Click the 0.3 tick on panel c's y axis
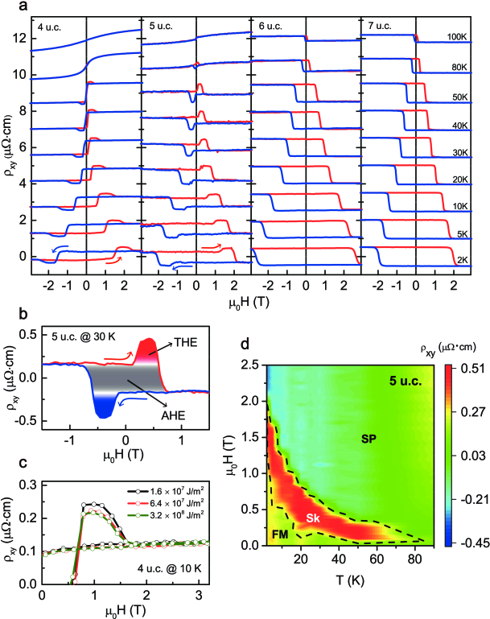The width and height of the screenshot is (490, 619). pos(29,485)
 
